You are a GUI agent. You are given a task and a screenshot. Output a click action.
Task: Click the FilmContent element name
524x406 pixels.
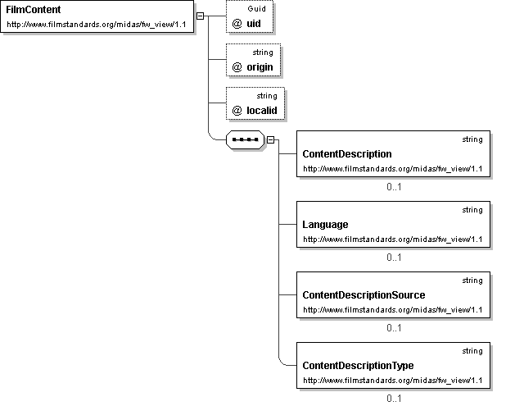click(34, 10)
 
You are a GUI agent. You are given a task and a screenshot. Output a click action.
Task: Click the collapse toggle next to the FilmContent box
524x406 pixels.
click(200, 16)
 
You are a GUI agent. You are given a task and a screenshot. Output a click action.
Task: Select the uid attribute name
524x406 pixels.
click(254, 24)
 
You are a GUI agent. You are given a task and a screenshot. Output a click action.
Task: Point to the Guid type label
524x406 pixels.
click(256, 9)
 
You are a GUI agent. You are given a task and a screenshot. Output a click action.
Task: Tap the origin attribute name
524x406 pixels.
click(260, 67)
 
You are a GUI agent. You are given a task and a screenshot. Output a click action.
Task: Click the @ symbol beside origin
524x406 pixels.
click(237, 67)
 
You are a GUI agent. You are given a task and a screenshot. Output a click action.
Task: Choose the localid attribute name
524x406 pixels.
click(262, 111)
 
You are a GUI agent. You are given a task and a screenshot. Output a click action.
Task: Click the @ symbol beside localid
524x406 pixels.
click(237, 111)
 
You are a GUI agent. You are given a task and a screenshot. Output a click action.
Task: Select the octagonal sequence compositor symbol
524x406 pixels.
click(245, 139)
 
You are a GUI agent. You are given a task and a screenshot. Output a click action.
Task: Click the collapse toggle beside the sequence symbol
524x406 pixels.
click(270, 140)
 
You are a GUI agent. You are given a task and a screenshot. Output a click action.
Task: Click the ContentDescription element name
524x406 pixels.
click(347, 154)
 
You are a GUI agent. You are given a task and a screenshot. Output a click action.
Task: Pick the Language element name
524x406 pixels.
click(325, 225)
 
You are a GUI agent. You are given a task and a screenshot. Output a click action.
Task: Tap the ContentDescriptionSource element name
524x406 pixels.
click(364, 295)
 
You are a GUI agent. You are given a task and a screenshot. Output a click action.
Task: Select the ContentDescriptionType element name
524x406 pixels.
click(358, 366)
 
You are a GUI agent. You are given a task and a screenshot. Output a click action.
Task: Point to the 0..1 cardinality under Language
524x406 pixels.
click(394, 258)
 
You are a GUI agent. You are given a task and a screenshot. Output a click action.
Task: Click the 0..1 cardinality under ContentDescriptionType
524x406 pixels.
click(394, 399)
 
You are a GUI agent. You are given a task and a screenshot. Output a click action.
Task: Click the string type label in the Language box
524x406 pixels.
click(472, 210)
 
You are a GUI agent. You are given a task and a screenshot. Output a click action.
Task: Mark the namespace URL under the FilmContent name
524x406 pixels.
click(97, 25)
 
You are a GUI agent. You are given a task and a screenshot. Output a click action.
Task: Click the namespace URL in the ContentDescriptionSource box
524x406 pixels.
click(393, 310)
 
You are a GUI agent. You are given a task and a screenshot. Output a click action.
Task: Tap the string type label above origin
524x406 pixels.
click(263, 52)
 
